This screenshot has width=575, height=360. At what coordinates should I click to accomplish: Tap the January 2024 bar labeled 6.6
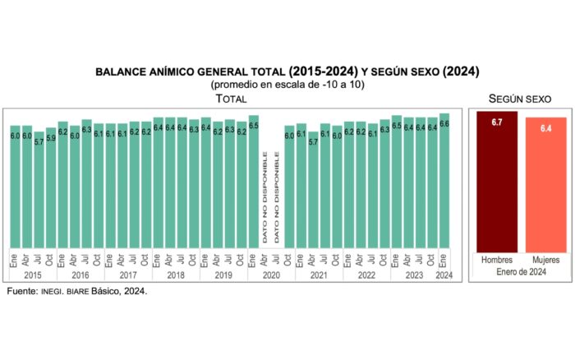pos(444,185)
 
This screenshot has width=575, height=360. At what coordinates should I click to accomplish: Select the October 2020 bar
pos(288,189)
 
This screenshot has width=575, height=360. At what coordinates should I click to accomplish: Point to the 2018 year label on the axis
pos(176,276)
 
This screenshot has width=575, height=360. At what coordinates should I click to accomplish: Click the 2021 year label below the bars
pos(319,276)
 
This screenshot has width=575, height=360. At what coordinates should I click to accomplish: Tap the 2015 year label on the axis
pos(33,276)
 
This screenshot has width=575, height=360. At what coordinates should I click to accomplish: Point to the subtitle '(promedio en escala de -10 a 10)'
pos(287,85)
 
